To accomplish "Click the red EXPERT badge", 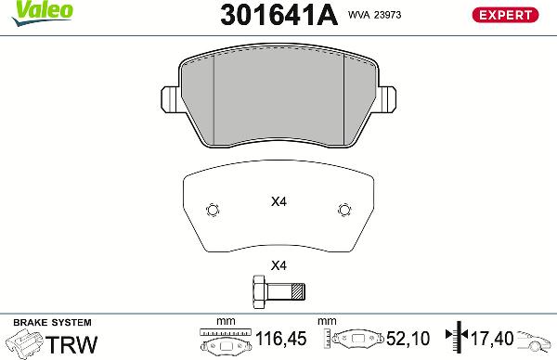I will (506, 15).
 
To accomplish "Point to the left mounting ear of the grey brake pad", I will (169, 97).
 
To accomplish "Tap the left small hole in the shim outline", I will (212, 209).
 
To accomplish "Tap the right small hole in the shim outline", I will (344, 209).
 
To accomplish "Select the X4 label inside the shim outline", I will (278, 201).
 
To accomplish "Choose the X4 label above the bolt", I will (278, 265).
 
